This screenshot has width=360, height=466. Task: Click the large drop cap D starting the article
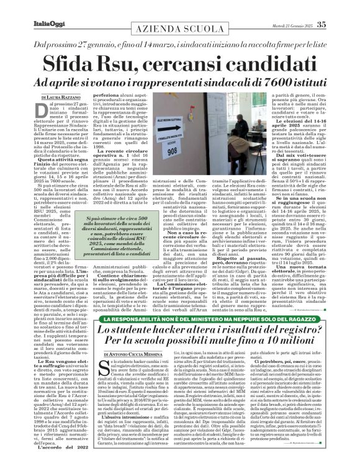[x=44, y=110]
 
